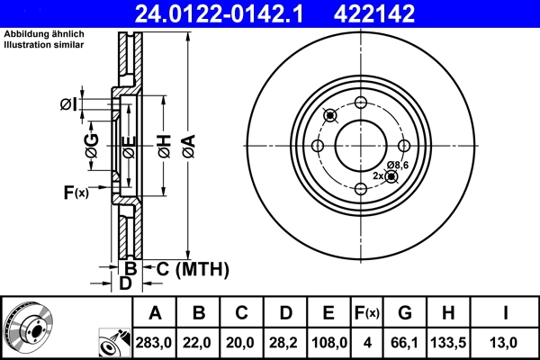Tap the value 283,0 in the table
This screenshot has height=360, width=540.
tap(153, 342)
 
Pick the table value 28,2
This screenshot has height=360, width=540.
tap(285, 342)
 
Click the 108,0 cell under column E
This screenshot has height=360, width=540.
tap(329, 342)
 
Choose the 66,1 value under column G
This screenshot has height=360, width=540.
tap(405, 342)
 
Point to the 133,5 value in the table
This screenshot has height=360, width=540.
tap(449, 342)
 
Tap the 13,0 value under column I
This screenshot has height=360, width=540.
tap(507, 342)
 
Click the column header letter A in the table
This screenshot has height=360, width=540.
tap(153, 312)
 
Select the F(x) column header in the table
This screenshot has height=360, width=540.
tap(367, 312)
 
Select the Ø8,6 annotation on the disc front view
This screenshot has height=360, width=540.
tap(398, 164)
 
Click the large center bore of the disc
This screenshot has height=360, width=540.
tap(361, 145)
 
